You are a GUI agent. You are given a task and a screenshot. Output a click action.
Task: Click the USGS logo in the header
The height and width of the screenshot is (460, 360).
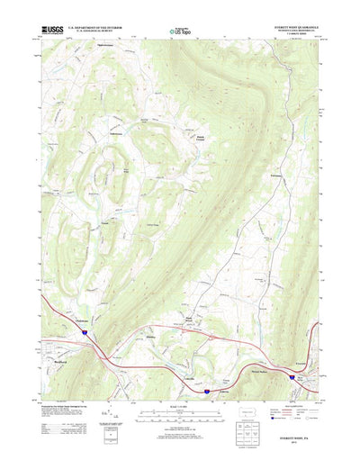click(52, 31)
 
